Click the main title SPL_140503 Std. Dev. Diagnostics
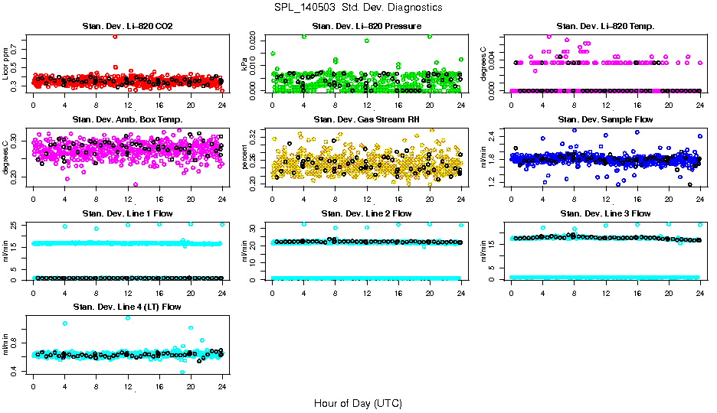[357, 8]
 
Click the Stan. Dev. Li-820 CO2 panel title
[127, 27]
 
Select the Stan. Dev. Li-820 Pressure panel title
[367, 27]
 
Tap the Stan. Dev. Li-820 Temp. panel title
[605, 27]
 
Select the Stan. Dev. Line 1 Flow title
[127, 213]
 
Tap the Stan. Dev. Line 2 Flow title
[367, 213]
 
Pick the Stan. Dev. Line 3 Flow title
[605, 213]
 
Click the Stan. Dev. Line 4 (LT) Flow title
[127, 307]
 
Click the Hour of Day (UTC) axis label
[357, 403]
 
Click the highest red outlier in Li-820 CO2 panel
[114, 36]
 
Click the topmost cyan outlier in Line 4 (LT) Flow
[127, 317]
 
